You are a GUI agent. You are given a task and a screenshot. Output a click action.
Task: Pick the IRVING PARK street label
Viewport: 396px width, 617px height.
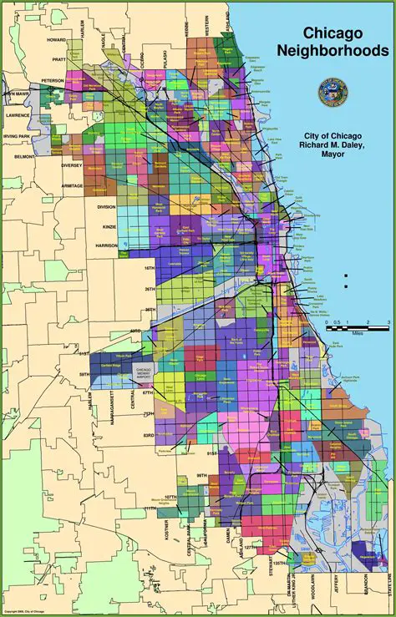click(x=16, y=134)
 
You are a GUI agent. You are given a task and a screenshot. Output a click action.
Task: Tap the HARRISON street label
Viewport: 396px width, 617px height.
click(x=106, y=245)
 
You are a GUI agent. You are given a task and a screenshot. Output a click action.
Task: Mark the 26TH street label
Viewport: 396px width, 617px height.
click(x=149, y=289)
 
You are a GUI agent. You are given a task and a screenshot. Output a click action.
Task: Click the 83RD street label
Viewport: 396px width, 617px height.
click(x=149, y=434)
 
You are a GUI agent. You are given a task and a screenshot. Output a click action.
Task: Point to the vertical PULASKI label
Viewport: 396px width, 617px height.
click(x=164, y=61)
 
